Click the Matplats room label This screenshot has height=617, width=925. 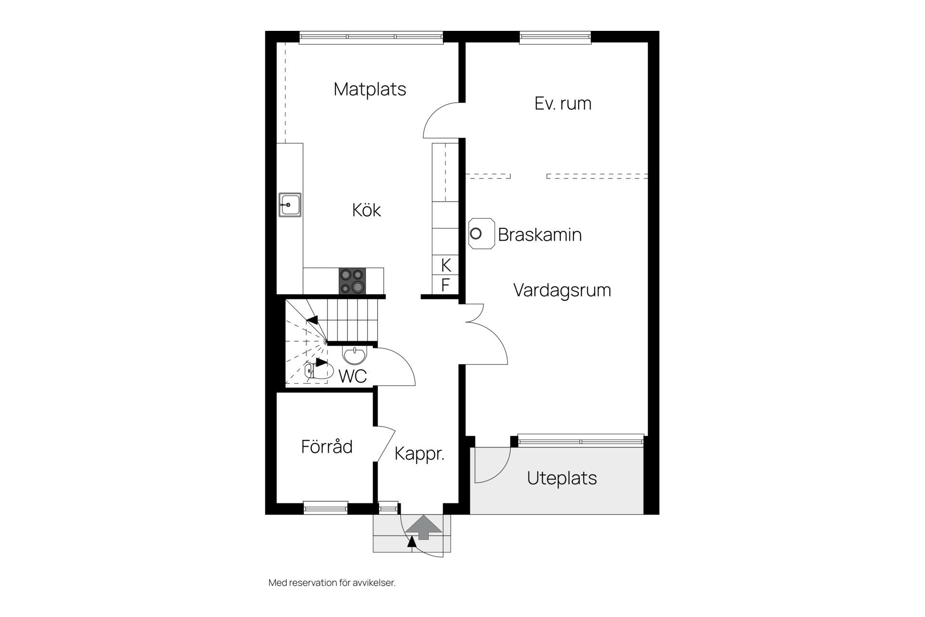pos(370,89)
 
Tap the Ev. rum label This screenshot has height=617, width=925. pos(563,104)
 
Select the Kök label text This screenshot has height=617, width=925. pos(367,210)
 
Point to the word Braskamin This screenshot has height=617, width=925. pos(540,235)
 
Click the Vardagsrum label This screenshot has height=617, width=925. pos(562,291)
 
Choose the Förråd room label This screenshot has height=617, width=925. pos(327,446)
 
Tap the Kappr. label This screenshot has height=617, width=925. pos(419,454)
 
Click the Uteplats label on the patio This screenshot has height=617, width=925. pos(562,478)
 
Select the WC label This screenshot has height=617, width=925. pos(353,376)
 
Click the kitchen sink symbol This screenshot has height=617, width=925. pos(290,205)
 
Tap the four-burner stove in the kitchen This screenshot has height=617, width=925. pos(352,281)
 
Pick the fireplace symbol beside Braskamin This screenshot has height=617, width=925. pos(481,234)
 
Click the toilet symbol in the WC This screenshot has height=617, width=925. pos(319,371)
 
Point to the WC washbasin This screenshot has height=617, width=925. pos(355,355)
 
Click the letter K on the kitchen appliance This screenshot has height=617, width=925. pos(446,265)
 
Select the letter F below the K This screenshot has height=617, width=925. pos(446,285)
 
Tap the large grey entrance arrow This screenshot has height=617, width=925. pos(423,527)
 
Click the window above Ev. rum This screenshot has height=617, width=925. pos(555,38)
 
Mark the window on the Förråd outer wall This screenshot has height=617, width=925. pos(326,508)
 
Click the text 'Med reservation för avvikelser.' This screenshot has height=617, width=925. pos(332,583)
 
